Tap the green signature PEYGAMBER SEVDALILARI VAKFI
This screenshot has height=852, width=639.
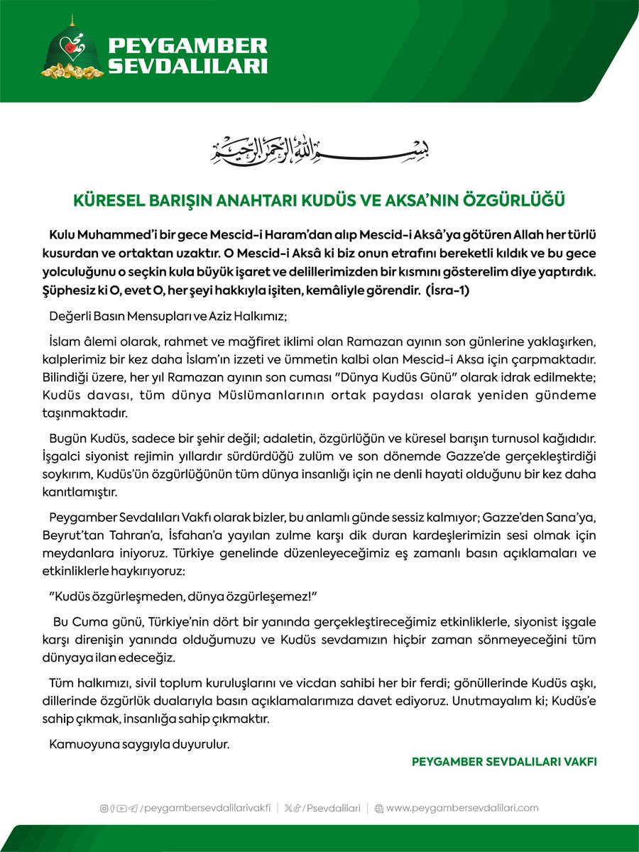pos(504,761)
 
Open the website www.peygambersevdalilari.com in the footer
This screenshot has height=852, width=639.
pos(462,807)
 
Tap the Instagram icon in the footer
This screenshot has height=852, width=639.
pos(104,807)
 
